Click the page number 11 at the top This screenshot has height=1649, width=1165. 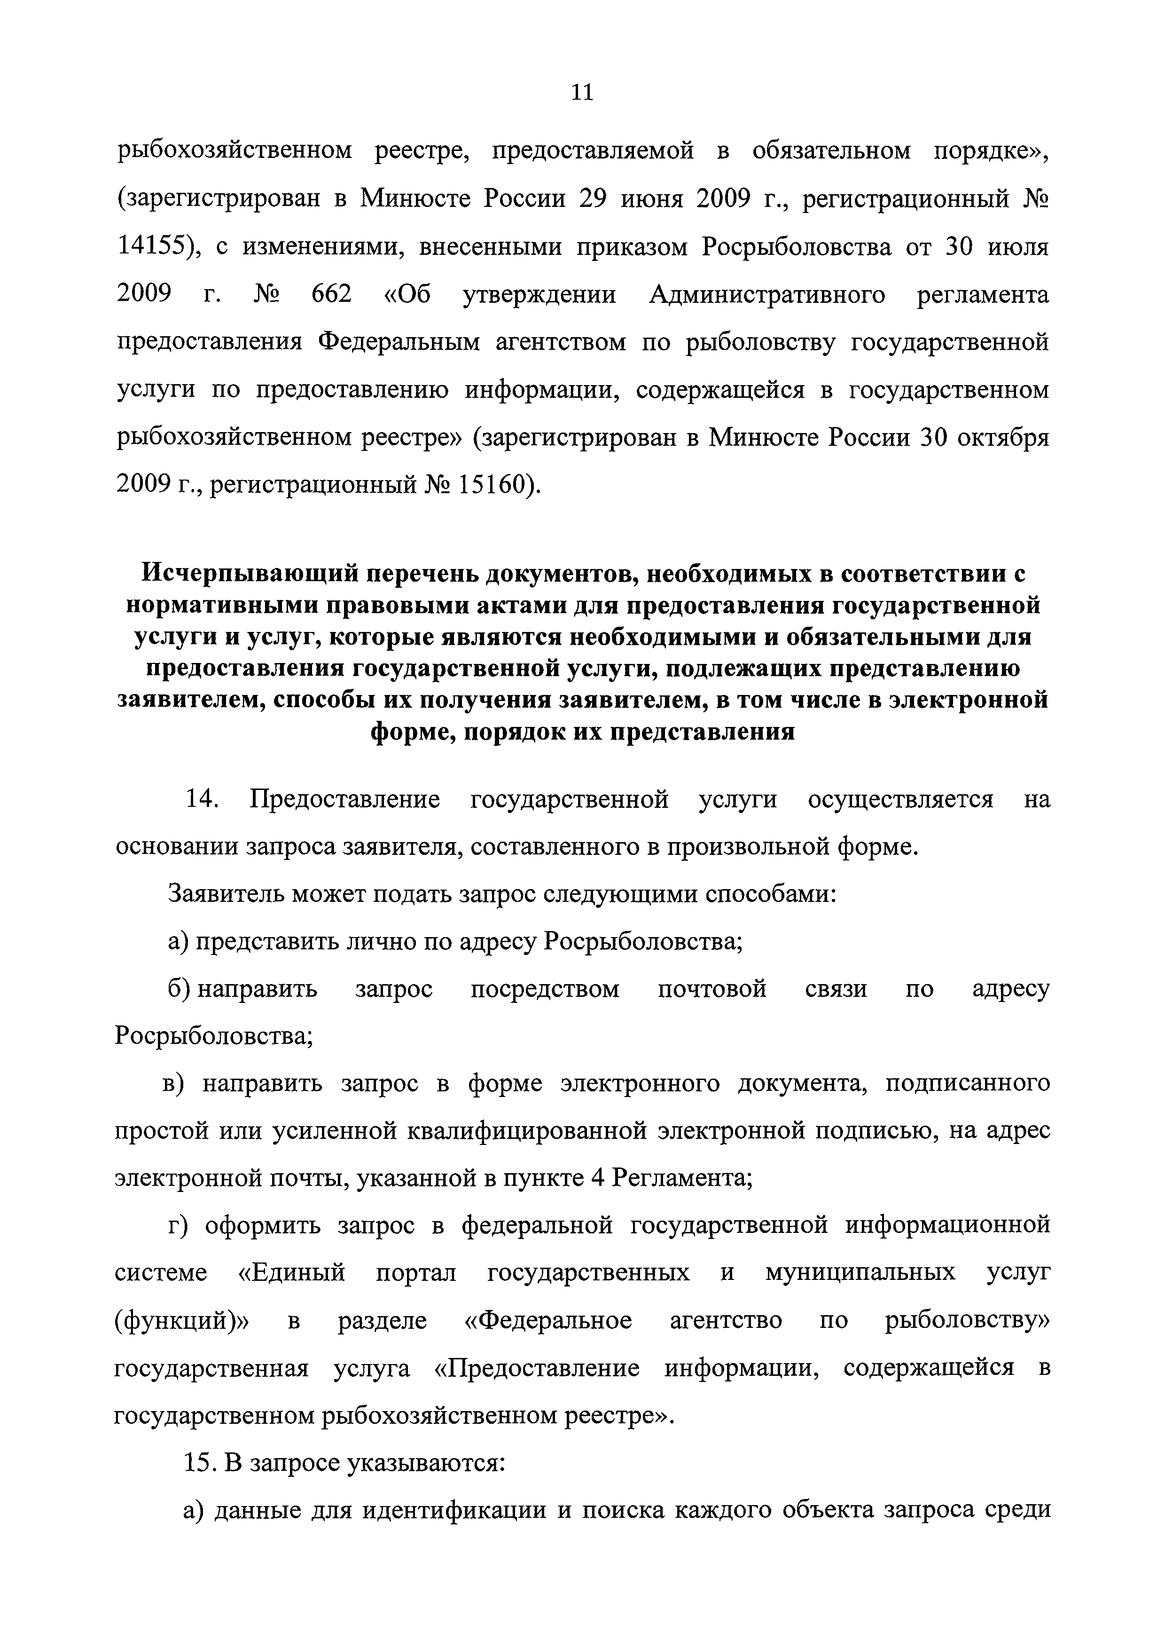click(x=582, y=92)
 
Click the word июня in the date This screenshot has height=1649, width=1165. click(x=650, y=199)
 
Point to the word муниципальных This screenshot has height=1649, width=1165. click(x=860, y=1273)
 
